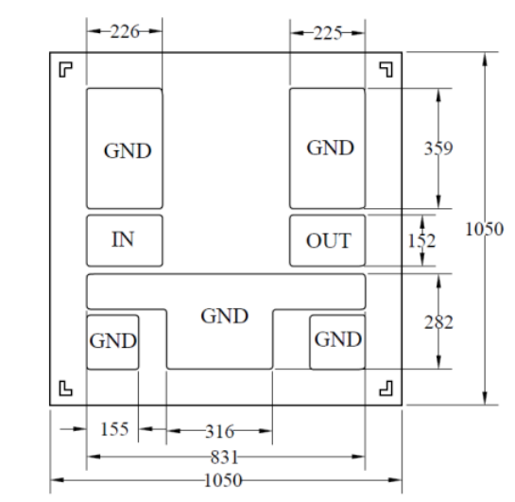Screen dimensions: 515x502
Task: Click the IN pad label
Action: [123, 239]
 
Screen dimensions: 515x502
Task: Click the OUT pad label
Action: [329, 241]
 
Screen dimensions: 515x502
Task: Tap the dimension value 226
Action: [125, 32]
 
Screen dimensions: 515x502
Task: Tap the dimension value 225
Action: [328, 33]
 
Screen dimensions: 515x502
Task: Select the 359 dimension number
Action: [438, 148]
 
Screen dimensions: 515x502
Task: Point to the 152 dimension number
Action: [421, 241]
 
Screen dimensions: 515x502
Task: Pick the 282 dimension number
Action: [438, 322]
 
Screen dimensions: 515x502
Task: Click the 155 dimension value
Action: [114, 429]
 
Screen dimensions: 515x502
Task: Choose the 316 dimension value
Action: [220, 431]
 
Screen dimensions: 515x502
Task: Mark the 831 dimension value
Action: [224, 457]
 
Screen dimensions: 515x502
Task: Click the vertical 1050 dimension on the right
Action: [485, 229]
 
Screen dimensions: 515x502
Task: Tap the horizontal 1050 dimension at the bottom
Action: [223, 480]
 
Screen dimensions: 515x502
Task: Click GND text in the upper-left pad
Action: [128, 151]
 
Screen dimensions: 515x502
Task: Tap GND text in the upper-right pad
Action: [330, 147]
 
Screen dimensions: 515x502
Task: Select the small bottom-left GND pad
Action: [112, 342]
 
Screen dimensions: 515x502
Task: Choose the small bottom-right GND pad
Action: [337, 342]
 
